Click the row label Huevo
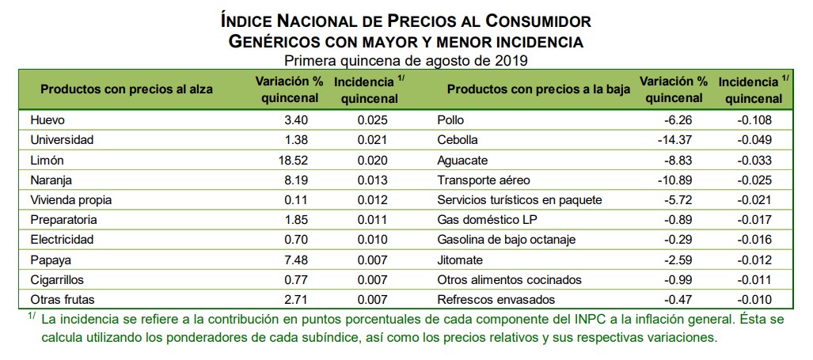[46, 120]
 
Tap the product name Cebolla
[458, 140]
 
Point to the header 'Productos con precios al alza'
[127, 89]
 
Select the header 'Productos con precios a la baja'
[538, 89]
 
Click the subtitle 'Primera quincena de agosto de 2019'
[406, 59]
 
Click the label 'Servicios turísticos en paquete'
[519, 199]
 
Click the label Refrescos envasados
[496, 299]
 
